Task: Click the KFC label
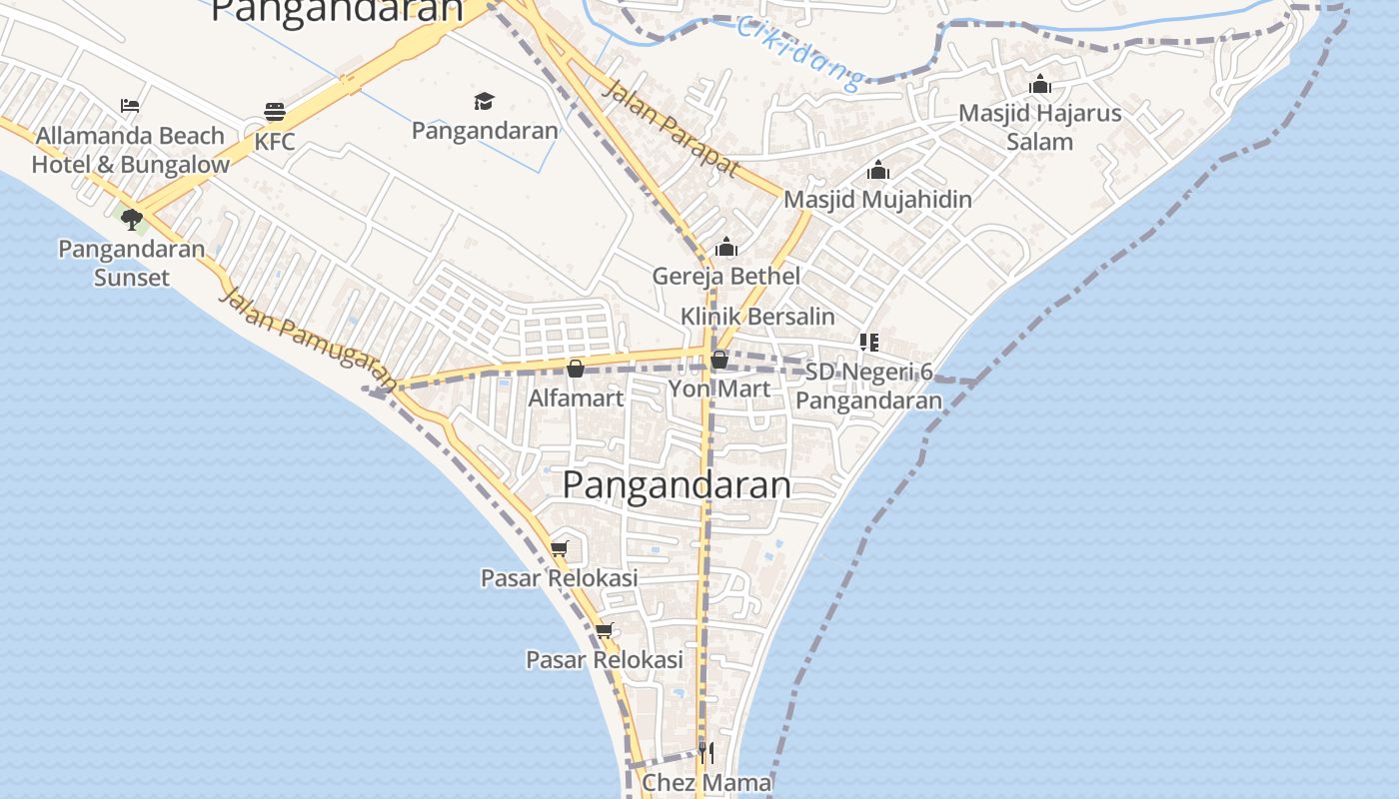point(275,142)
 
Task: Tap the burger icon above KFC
point(275,111)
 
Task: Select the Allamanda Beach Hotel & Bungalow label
point(131,150)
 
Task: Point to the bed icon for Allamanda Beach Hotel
point(130,105)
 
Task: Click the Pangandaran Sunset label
point(132,263)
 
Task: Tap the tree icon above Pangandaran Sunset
point(131,220)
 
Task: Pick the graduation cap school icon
point(485,101)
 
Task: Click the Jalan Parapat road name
point(671,129)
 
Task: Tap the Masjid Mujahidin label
point(877,199)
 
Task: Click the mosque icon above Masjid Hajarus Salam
point(1040,84)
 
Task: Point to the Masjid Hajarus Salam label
point(1040,127)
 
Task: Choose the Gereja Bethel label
point(726,276)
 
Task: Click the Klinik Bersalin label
point(757,316)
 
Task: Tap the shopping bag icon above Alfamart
point(576,369)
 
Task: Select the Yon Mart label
point(719,389)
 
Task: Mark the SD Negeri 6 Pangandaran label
point(869,387)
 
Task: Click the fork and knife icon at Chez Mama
point(705,751)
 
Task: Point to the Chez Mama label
point(706,783)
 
